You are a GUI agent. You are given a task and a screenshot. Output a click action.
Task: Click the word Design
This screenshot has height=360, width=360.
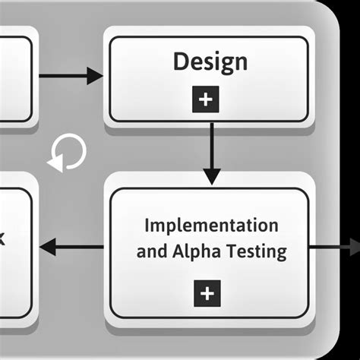point(210,62)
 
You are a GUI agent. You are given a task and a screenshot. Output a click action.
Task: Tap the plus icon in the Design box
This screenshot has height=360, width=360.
point(209,100)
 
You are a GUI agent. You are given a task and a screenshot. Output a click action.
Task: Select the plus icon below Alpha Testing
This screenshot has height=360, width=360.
point(209,292)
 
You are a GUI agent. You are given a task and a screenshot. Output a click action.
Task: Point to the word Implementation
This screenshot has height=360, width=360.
point(211,226)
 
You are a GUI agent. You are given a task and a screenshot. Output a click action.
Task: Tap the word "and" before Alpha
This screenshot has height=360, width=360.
point(151,251)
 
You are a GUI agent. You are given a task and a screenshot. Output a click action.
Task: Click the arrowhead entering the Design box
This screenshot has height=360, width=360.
point(94,75)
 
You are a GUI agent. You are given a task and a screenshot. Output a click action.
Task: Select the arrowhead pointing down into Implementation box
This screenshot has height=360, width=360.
point(212,175)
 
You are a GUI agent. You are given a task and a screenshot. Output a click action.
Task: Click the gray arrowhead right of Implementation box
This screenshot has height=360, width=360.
point(354,247)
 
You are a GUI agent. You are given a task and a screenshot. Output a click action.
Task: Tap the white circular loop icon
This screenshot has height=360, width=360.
point(67,153)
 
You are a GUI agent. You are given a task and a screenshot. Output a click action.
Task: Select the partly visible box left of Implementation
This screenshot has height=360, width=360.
point(15,251)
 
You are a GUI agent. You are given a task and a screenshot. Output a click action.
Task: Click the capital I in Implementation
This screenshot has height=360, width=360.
point(147,226)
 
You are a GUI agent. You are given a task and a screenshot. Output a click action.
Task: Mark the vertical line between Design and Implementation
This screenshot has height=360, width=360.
point(212,148)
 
